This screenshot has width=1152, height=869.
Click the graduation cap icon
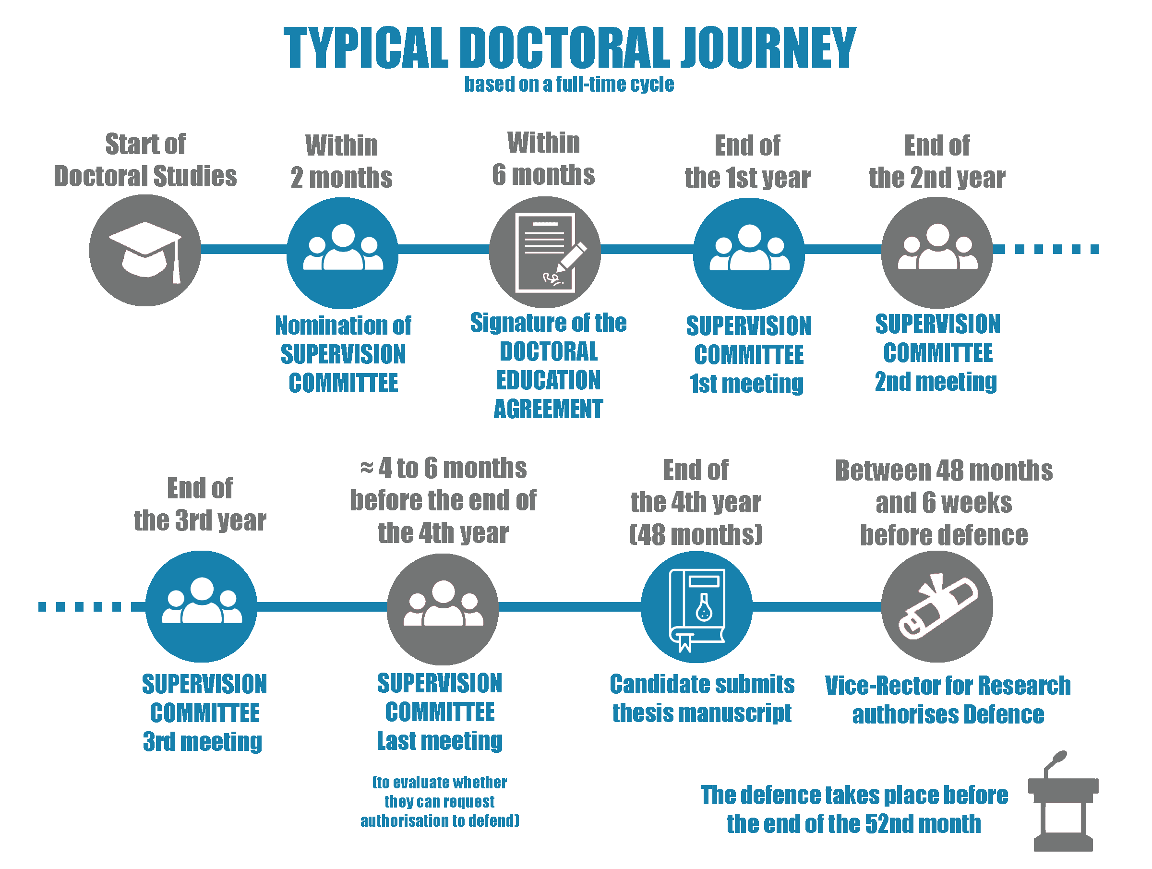pyautogui.click(x=145, y=250)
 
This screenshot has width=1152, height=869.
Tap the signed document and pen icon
pyautogui.click(x=545, y=252)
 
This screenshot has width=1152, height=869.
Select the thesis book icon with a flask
pyautogui.click(x=696, y=607)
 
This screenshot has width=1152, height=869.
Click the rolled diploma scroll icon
pyautogui.click(x=937, y=607)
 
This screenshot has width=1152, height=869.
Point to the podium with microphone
pyautogui.click(x=1062, y=802)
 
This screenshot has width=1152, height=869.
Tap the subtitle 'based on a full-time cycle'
pyautogui.click(x=569, y=84)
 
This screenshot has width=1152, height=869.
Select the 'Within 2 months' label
pyautogui.click(x=342, y=161)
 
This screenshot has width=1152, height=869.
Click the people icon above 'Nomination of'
pyautogui.click(x=343, y=249)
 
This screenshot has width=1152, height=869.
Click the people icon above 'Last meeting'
pyautogui.click(x=443, y=605)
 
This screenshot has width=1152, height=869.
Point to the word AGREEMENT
pyautogui.click(x=548, y=409)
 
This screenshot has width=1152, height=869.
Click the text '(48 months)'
pyautogui.click(x=696, y=534)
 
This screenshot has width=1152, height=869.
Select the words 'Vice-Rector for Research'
pyautogui.click(x=948, y=686)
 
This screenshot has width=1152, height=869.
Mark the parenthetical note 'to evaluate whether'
pyautogui.click(x=440, y=783)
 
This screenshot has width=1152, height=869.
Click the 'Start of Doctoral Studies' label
pyautogui.click(x=145, y=160)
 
